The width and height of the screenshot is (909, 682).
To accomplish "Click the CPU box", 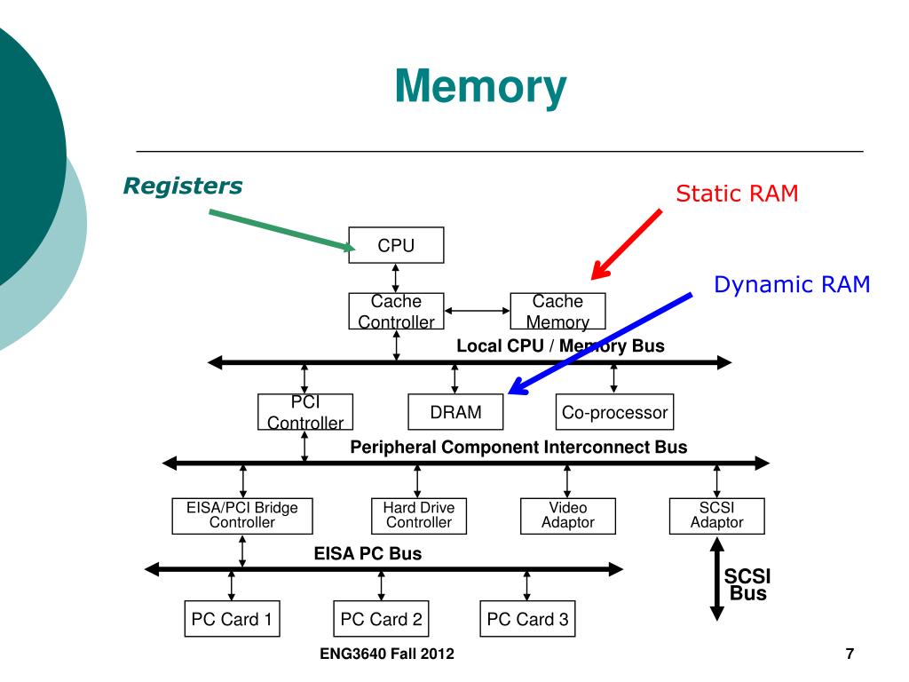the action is (396, 245).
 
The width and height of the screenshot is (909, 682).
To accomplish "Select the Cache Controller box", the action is (396, 312).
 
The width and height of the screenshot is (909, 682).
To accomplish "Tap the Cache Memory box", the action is (557, 312).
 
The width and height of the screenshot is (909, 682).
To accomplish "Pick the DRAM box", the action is (455, 412).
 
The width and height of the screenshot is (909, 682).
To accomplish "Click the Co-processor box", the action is (614, 412).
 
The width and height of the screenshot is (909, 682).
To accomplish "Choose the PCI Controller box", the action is (305, 412).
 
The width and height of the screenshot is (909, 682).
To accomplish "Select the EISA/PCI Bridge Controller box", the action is (242, 516).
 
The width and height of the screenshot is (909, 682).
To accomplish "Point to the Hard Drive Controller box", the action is (419, 516).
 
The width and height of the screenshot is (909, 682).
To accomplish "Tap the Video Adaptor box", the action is (567, 516).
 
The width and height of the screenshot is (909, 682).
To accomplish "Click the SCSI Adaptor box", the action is (716, 516).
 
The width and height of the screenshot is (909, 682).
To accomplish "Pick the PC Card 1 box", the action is (232, 619).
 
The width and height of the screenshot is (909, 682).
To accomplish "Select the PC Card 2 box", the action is (381, 619).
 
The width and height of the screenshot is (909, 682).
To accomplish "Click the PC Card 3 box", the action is (527, 619).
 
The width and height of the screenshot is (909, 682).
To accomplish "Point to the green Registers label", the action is (183, 186).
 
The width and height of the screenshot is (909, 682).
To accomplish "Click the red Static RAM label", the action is (737, 193).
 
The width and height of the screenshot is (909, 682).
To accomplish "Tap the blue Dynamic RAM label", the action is (792, 284).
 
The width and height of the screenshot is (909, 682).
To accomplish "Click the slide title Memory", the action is (480, 86).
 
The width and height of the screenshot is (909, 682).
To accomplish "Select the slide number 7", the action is (850, 654).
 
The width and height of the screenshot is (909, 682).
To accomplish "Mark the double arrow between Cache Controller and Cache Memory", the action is (477, 311).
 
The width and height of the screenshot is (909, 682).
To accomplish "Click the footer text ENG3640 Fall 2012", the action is (387, 654).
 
